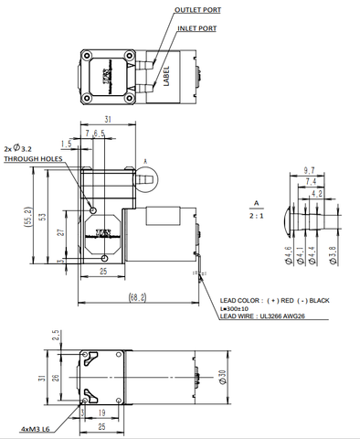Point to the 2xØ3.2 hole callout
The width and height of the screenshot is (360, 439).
[x=20, y=146]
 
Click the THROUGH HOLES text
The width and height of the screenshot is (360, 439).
[x=36, y=159]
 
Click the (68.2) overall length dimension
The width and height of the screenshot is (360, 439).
[x=138, y=296]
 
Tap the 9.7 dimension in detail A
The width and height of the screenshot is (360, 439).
[x=308, y=170]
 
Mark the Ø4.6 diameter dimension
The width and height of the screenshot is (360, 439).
[x=289, y=255]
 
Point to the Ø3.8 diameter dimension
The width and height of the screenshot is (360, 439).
[x=332, y=255]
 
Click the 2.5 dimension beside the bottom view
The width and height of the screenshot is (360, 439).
[x=56, y=335]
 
